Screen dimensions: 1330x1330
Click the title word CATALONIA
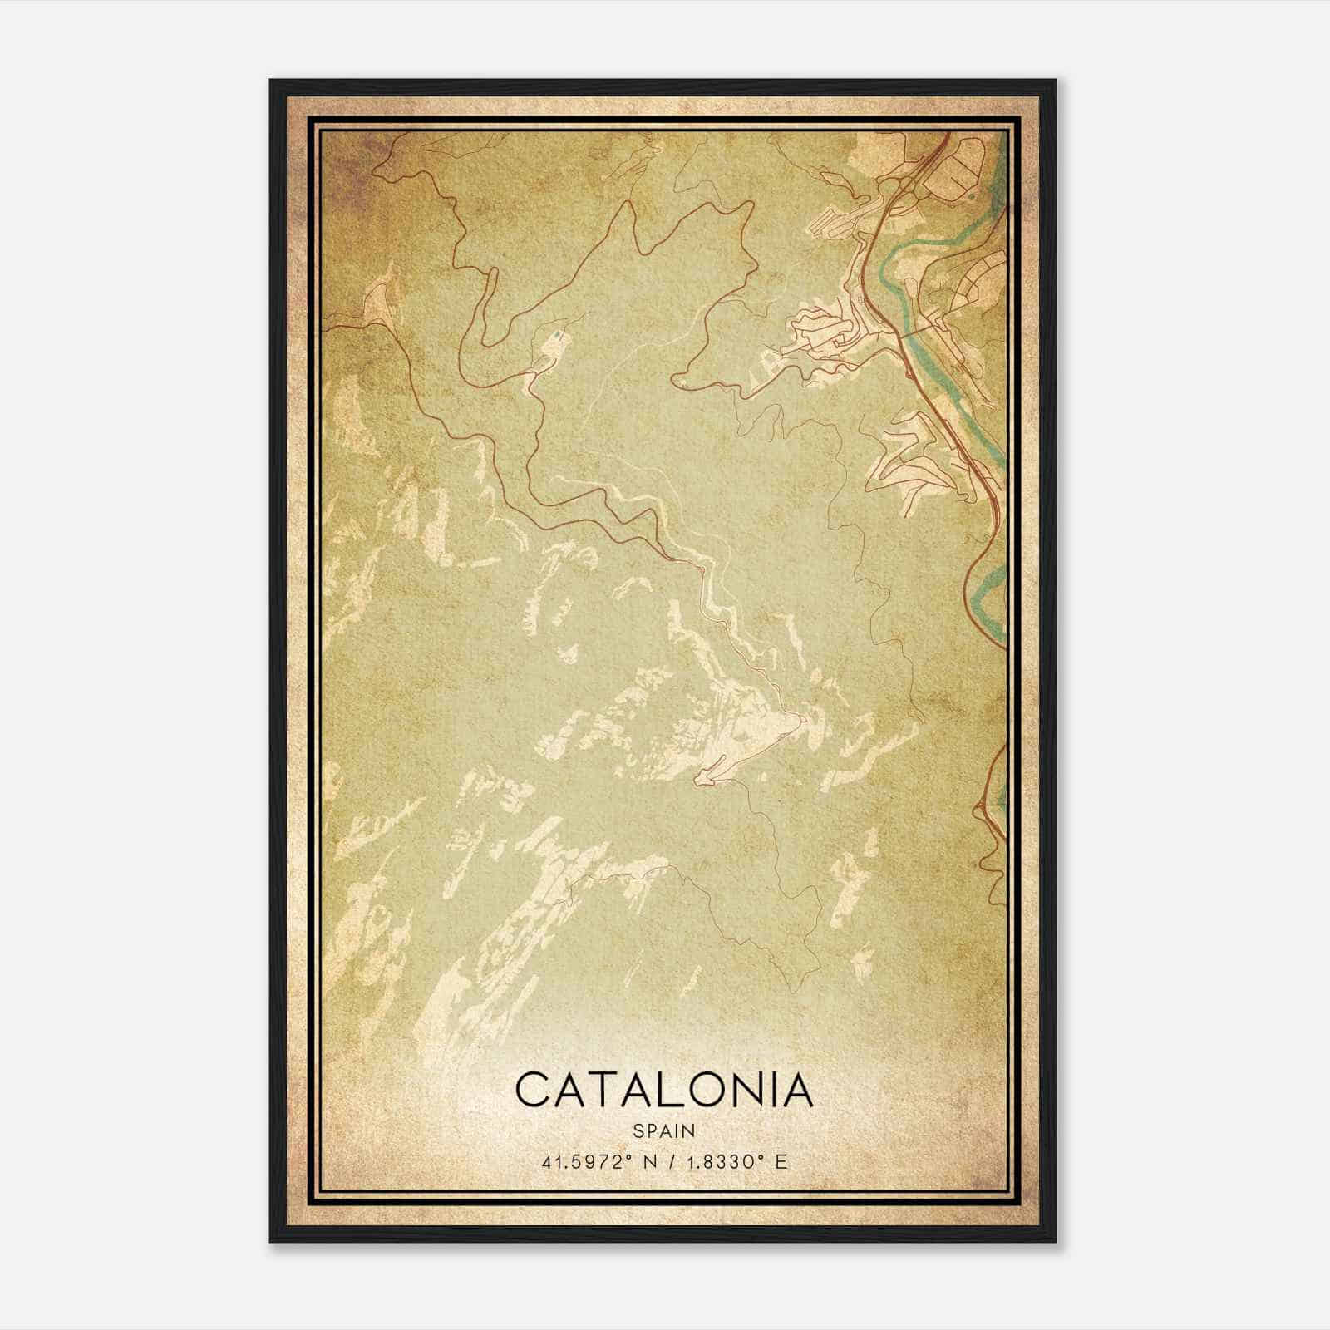pos(664,1089)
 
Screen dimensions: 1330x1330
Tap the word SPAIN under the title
pos(664,1130)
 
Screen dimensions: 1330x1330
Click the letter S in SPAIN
pos(638,1130)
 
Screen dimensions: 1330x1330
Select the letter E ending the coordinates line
pos(781,1161)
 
